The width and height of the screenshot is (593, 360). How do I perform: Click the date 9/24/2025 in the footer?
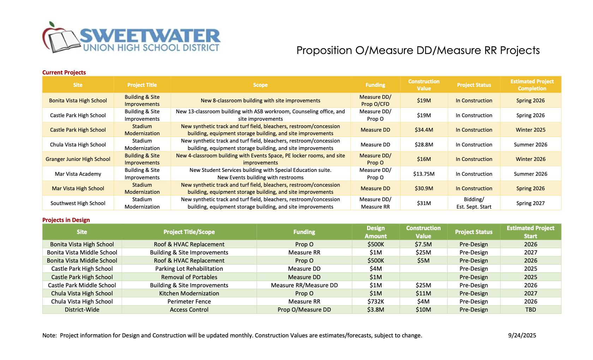pyautogui.click(x=522, y=335)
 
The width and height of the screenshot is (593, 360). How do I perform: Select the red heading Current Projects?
pyautogui.click(x=64, y=72)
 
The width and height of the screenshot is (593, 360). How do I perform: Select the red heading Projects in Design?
pyautogui.click(x=66, y=220)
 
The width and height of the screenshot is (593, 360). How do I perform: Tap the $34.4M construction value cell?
pyautogui.click(x=424, y=130)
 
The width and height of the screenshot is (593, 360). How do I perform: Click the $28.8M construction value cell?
pyautogui.click(x=424, y=145)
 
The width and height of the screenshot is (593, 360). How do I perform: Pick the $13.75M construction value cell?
pyautogui.click(x=424, y=174)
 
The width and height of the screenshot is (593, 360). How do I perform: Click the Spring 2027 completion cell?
pyautogui.click(x=530, y=203)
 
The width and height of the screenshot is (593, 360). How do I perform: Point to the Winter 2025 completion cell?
pyautogui.click(x=530, y=130)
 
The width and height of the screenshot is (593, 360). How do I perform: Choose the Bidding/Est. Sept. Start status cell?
pyautogui.click(x=474, y=203)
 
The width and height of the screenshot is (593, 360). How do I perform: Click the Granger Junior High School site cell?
pyautogui.click(x=78, y=159)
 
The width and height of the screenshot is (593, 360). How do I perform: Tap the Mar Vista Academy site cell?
pyautogui.click(x=78, y=174)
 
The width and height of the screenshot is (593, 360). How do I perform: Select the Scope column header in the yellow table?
pyautogui.click(x=260, y=85)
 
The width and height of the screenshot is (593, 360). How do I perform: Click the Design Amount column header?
pyautogui.click(x=376, y=232)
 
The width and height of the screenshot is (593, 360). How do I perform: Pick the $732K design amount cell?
pyautogui.click(x=376, y=301)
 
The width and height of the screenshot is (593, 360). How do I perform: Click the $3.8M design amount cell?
pyautogui.click(x=376, y=310)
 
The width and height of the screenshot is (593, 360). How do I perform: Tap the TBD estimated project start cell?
pyautogui.click(x=530, y=310)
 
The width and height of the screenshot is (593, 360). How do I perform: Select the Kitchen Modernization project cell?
pyautogui.click(x=189, y=293)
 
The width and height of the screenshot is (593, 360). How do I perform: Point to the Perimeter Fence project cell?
pyautogui.click(x=189, y=301)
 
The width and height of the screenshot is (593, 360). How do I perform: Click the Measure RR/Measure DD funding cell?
pyautogui.click(x=304, y=285)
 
